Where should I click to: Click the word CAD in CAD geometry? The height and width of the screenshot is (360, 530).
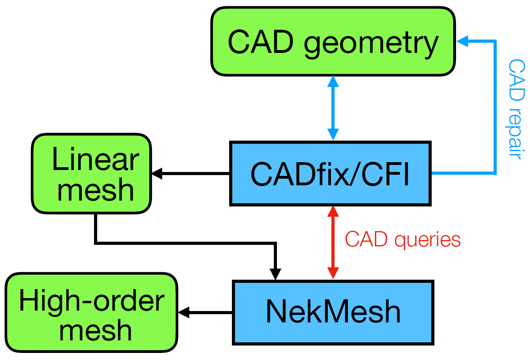pyautogui.click(x=260, y=42)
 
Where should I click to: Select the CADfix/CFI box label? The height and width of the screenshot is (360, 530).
pyautogui.click(x=330, y=174)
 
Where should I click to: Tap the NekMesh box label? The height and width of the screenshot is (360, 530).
pyautogui.click(x=333, y=312)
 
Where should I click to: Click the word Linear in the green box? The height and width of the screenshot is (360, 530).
pyautogui.click(x=95, y=159)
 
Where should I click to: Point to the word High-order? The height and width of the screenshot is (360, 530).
pyautogui.click(x=92, y=300)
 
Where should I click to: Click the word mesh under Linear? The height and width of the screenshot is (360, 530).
pyautogui.click(x=95, y=190)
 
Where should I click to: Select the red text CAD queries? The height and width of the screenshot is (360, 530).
pyautogui.click(x=402, y=239)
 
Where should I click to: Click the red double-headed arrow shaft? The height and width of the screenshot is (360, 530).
pyautogui.click(x=333, y=243)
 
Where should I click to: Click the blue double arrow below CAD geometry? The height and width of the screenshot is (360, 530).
pyautogui.click(x=333, y=108)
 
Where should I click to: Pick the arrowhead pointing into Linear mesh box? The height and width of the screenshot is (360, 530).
pyautogui.click(x=157, y=174)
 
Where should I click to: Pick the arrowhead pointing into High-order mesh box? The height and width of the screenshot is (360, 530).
pyautogui.click(x=183, y=313)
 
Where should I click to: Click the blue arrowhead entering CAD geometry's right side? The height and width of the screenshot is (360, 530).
pyautogui.click(x=463, y=41)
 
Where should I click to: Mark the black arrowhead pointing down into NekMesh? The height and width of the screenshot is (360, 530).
pyautogui.click(x=276, y=274)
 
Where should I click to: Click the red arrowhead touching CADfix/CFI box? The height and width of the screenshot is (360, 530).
pyautogui.click(x=333, y=212)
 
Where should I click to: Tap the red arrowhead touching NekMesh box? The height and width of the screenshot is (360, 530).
pyautogui.click(x=333, y=273)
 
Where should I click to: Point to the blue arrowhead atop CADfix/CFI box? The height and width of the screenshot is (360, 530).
pyautogui.click(x=333, y=134)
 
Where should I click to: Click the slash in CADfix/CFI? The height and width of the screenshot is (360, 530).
pyautogui.click(x=355, y=174)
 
